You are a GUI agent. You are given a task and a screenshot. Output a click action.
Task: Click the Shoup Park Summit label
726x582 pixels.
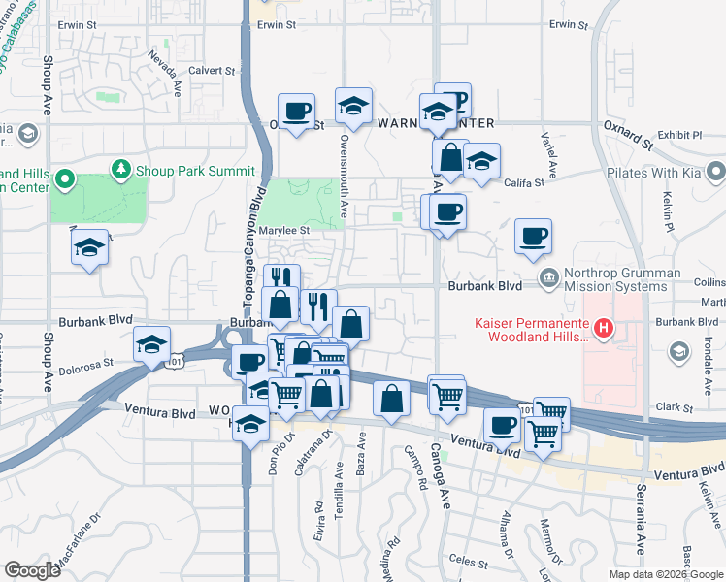point(184,170)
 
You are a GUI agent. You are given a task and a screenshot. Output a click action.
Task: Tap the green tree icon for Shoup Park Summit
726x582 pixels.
point(121,170)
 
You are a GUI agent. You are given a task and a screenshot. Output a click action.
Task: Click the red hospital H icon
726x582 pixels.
point(604,330)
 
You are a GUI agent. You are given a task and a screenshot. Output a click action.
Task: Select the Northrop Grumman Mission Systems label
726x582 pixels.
point(621,280)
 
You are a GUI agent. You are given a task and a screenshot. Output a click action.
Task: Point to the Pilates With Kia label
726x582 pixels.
point(654,173)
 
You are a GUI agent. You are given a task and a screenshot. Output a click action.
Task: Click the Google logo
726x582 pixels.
point(32,570)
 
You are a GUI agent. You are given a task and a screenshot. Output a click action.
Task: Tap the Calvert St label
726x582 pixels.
point(212,71)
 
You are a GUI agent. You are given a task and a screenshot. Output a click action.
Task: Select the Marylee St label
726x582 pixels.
point(283,231)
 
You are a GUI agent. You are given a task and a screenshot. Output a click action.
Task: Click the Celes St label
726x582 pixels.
point(468,561)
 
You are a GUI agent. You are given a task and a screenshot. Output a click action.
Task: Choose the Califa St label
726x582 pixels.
point(525,181)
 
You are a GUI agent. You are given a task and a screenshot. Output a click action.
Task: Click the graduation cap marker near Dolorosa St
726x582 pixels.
point(152,343)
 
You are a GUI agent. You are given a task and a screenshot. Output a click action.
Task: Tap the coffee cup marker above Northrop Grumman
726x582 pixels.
point(533,236)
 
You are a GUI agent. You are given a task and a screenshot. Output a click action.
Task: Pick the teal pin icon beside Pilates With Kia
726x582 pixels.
point(715,173)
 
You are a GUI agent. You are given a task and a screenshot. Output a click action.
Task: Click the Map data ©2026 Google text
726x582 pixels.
point(665,574)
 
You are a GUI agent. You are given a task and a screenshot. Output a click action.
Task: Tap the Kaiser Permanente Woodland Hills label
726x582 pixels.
point(531,330)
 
